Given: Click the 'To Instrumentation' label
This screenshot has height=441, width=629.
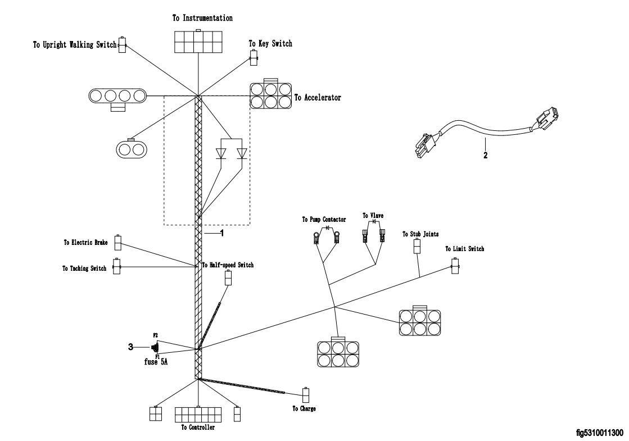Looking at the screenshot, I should pyautogui.click(x=202, y=19).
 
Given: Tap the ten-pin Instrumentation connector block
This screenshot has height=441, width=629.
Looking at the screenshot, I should pyautogui.click(x=198, y=41).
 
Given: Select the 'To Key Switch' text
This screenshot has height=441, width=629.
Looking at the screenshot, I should pyautogui.click(x=270, y=43).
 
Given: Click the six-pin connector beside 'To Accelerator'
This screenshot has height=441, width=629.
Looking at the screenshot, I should pyautogui.click(x=270, y=96).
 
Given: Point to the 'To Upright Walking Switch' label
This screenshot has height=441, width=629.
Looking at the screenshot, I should pyautogui.click(x=75, y=45).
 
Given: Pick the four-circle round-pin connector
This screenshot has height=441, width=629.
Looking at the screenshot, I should pyautogui.click(x=117, y=96).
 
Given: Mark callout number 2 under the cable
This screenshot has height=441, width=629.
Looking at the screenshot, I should pyautogui.click(x=485, y=155).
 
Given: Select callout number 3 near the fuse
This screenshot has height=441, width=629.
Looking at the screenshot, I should pyautogui.click(x=130, y=347).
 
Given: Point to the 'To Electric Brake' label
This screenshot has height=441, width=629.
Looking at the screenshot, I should pyautogui.click(x=85, y=243).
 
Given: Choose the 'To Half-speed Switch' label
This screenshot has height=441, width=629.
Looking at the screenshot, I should pyautogui.click(x=228, y=265).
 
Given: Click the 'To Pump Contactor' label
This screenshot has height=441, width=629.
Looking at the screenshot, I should pyautogui.click(x=324, y=220).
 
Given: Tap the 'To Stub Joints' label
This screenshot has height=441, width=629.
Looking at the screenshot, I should pyautogui.click(x=417, y=234).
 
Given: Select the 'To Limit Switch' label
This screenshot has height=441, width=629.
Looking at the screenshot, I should pyautogui.click(x=464, y=248).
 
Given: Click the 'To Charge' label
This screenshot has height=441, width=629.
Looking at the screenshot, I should pyautogui.click(x=304, y=408).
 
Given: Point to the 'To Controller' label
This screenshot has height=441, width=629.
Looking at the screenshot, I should pyautogui.click(x=198, y=427).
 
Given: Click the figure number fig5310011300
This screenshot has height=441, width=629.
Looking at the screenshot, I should pyautogui.click(x=600, y=433).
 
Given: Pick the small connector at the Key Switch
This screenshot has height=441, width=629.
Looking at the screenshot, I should pyautogui.click(x=254, y=57).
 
